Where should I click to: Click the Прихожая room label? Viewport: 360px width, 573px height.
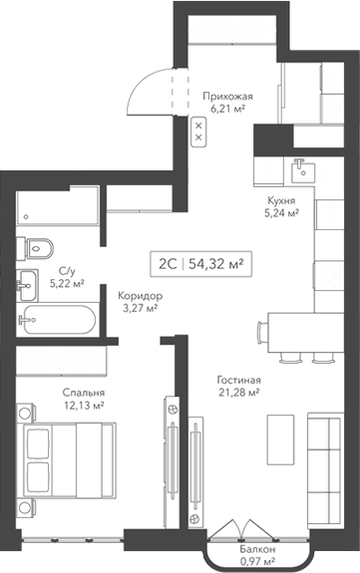227,96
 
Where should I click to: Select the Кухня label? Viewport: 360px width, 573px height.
280,199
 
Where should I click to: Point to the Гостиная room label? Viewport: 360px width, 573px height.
239,381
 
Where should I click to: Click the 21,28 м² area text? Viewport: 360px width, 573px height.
239,394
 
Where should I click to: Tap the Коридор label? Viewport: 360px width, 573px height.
139,296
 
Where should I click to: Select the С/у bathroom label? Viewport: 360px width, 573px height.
68,271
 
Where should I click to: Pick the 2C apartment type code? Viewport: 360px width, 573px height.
166,263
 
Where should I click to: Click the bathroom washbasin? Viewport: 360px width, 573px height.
27,282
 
